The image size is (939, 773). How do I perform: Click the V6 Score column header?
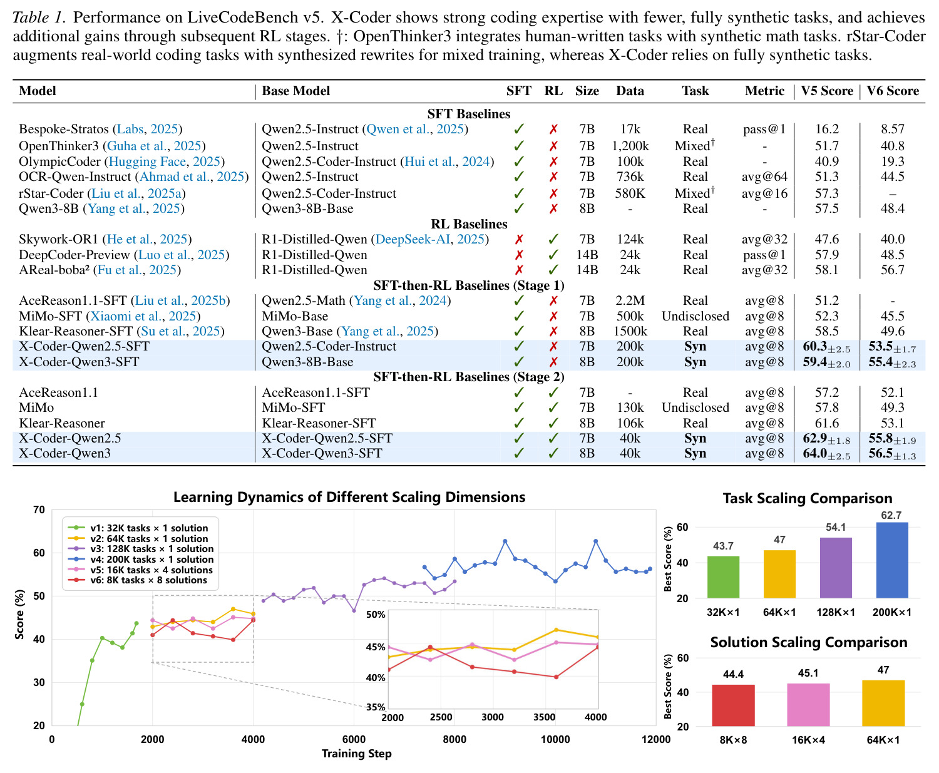[x=892, y=91]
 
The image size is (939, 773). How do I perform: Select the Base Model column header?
[x=295, y=91]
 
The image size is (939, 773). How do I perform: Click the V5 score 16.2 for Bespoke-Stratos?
[x=827, y=129]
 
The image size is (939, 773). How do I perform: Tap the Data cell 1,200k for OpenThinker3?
[x=630, y=146]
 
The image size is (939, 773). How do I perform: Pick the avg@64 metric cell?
[x=764, y=177]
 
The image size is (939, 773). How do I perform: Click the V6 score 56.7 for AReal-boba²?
[x=892, y=270]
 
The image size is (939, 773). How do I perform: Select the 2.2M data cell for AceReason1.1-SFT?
[x=630, y=300]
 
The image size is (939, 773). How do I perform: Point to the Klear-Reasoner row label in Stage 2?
[x=62, y=423]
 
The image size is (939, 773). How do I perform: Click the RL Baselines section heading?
[x=469, y=224]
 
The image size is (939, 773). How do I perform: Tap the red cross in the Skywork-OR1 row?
[x=519, y=240]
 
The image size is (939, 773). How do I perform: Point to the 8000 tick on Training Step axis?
[x=454, y=740]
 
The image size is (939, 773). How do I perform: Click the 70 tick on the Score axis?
[x=39, y=510]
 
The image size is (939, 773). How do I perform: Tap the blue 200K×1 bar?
[x=892, y=560]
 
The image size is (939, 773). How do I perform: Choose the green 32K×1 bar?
[x=723, y=577]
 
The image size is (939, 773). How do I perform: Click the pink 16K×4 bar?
[x=808, y=705]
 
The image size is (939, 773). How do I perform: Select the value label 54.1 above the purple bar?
[x=836, y=527]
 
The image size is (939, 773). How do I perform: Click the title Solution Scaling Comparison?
[x=809, y=643]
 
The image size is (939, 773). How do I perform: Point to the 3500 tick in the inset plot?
[x=544, y=717]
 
